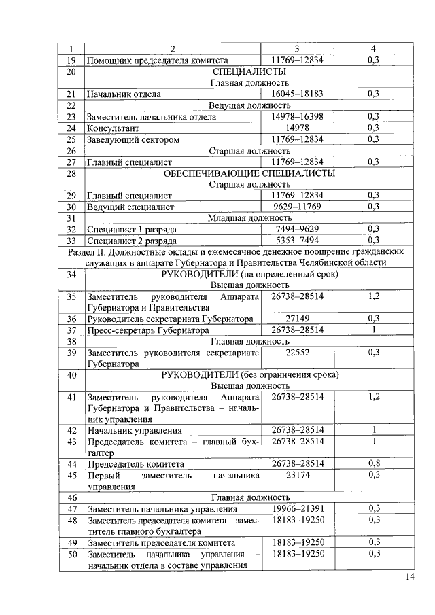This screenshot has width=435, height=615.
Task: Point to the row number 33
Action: [x=70, y=241]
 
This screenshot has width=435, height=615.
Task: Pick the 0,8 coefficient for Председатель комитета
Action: [x=374, y=463]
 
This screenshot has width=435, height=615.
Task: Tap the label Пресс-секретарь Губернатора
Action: [x=148, y=330]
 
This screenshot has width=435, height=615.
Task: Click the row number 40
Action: [x=70, y=374]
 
